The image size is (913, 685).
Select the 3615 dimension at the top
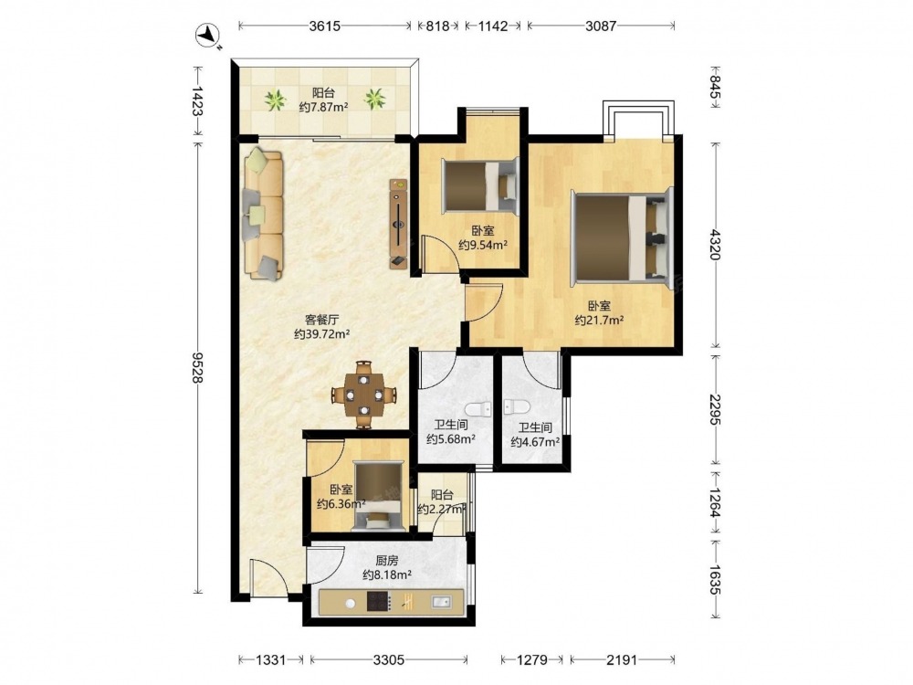click(x=324, y=26)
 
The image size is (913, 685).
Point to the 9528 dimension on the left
click(x=197, y=367)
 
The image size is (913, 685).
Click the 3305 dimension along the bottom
click(x=389, y=660)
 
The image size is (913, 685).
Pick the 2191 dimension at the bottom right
click(x=622, y=660)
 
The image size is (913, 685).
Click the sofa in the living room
click(x=263, y=214)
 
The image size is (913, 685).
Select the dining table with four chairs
click(x=364, y=395)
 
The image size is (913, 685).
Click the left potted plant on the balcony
click(x=275, y=100)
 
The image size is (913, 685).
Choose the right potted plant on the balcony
click(x=374, y=99)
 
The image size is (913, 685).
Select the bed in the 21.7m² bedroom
click(x=623, y=236)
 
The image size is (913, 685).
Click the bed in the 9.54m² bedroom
click(x=480, y=184)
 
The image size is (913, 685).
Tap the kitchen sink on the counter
click(x=441, y=602)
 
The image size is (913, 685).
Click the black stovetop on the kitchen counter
click(x=378, y=602)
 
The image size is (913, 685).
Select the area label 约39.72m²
click(x=321, y=334)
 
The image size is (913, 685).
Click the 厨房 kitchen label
click(x=386, y=561)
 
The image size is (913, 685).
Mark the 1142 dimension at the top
click(x=493, y=26)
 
